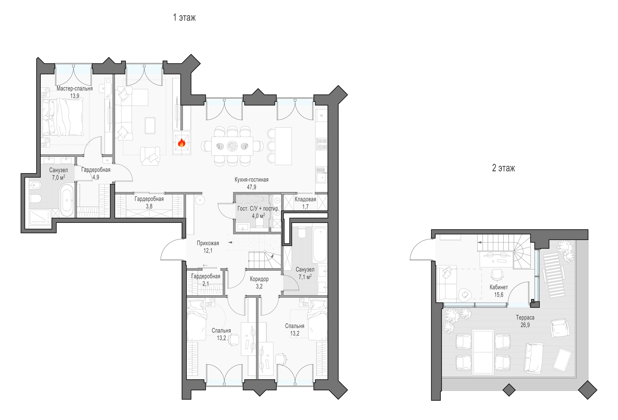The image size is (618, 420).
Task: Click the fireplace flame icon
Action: pyautogui.click(x=182, y=143)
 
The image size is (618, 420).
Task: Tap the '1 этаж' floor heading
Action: pyautogui.click(x=184, y=18)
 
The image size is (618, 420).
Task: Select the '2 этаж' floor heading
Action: pyautogui.click(x=503, y=168)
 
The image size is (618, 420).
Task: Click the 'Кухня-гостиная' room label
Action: pyautogui.click(x=251, y=180)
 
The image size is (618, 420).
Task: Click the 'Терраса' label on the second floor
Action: pyautogui.click(x=525, y=318)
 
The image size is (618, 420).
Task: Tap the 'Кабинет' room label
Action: pyautogui.click(x=499, y=287)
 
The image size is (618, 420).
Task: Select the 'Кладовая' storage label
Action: pyautogui.click(x=305, y=199)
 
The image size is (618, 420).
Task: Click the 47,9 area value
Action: pyautogui.click(x=251, y=187)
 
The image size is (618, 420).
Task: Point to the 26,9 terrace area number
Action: pyautogui.click(x=525, y=325)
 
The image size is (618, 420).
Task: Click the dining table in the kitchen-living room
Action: pyautogui.click(x=232, y=146)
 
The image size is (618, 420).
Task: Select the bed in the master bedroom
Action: pyautogui.click(x=63, y=117)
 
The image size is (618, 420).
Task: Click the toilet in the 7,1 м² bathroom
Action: pyautogui.click(x=302, y=232)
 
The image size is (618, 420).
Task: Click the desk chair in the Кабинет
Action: pyautogui.click(x=497, y=275)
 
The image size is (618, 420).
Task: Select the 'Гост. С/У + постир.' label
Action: pyautogui.click(x=258, y=209)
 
